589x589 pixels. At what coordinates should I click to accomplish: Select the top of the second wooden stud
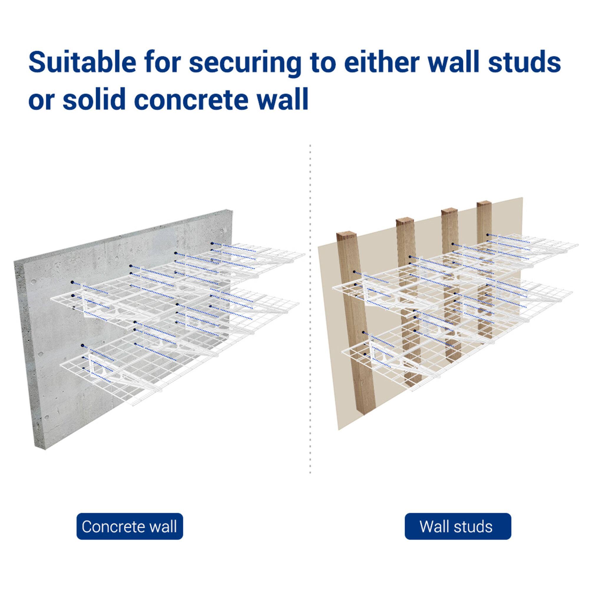pos(404,221)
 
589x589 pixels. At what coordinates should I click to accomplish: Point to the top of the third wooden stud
pos(450,211)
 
